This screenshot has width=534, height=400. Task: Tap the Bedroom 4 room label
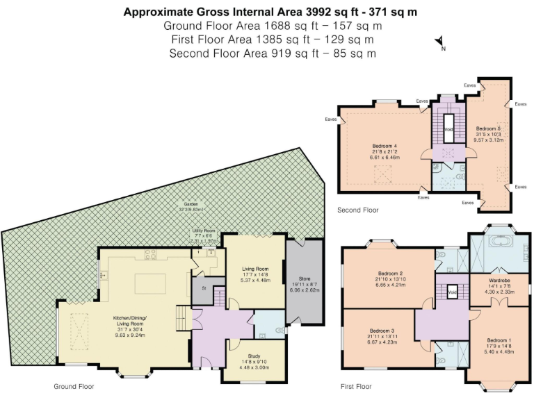tap(383, 146)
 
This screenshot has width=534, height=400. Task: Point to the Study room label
tap(254, 355)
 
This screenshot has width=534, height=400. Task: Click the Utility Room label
tap(204, 231)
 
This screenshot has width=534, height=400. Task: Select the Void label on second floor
tap(449, 129)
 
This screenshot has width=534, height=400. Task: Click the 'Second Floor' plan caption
tap(358, 209)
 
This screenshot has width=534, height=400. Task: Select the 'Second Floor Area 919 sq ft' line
tap(273, 53)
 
